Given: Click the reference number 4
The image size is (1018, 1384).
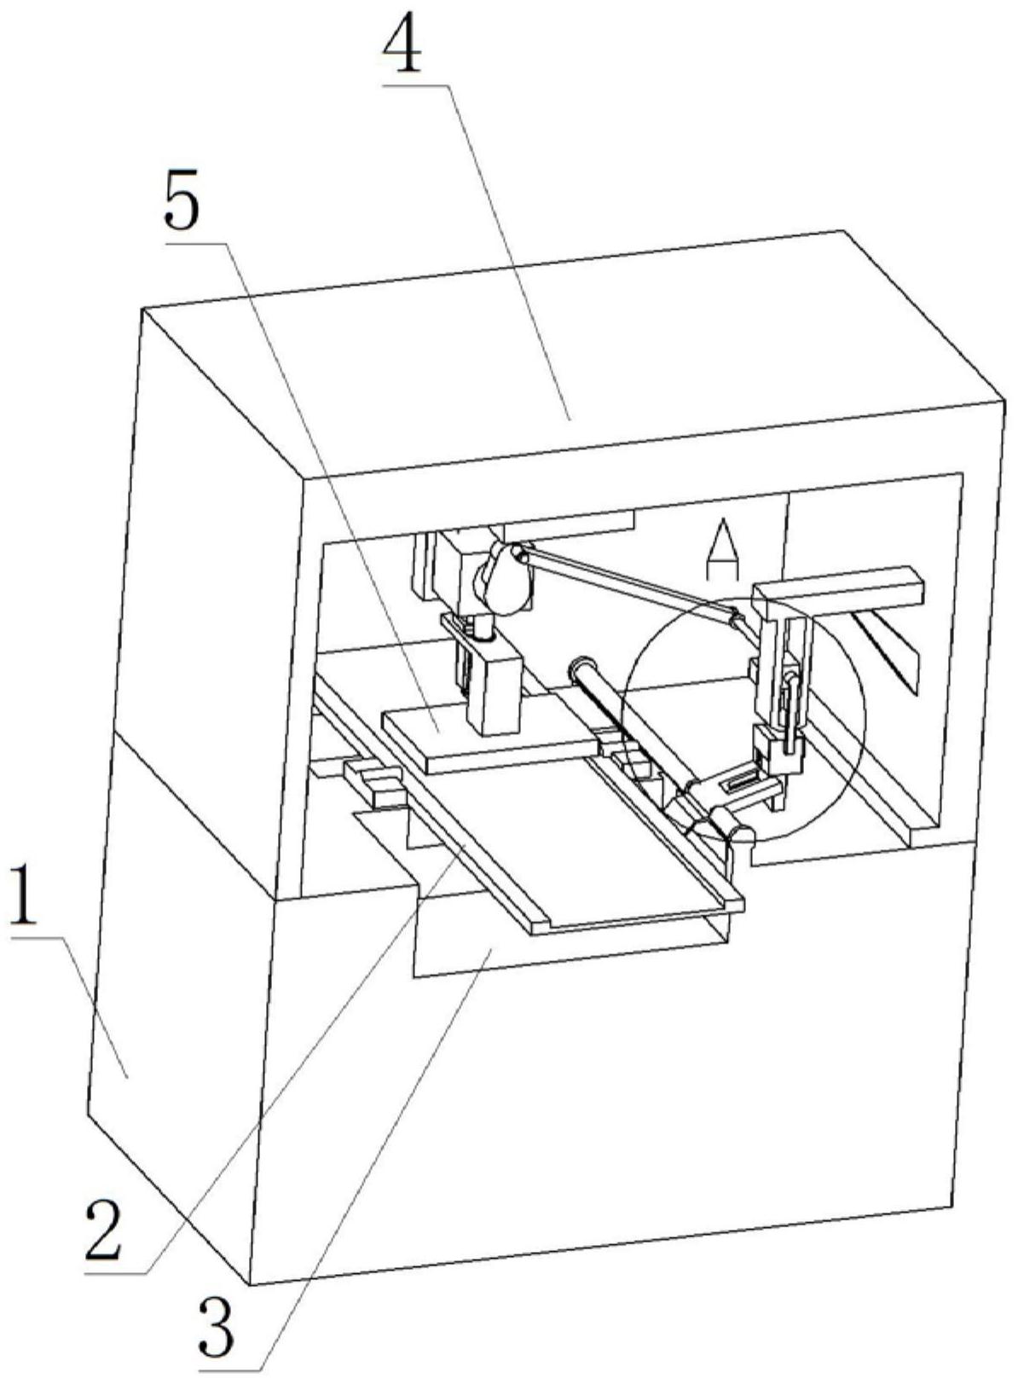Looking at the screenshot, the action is [x=402, y=50].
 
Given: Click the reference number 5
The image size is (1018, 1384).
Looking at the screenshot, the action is [x=182, y=206].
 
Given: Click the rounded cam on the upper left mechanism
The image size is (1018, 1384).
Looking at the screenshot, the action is [x=503, y=577].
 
